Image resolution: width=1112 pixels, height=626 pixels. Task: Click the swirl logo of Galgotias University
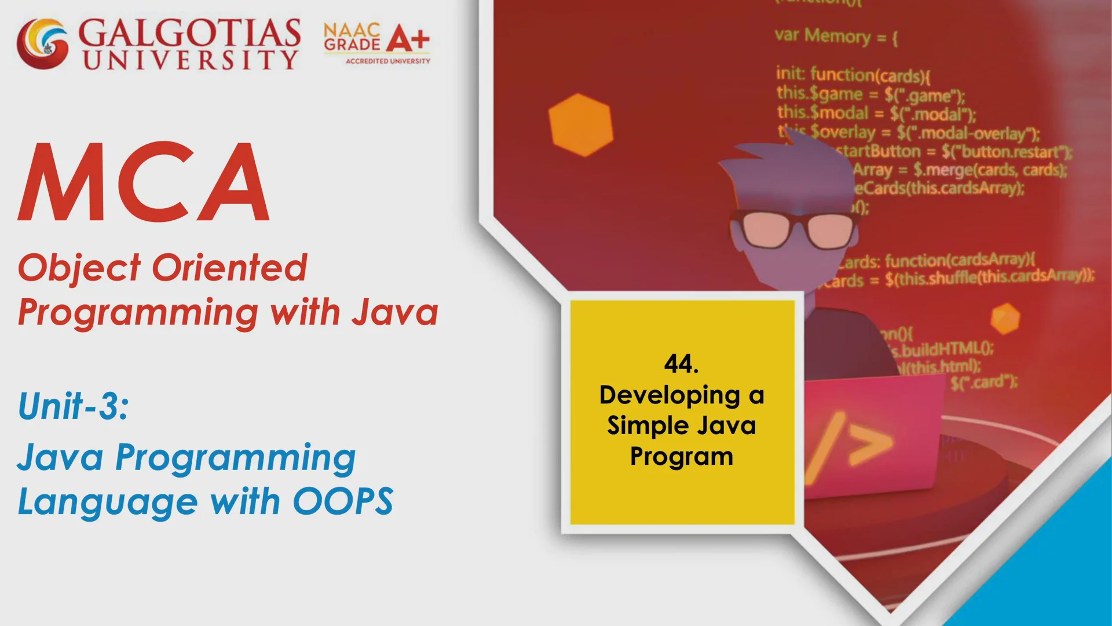click(x=42, y=43)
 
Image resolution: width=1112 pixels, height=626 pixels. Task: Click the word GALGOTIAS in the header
click(x=189, y=34)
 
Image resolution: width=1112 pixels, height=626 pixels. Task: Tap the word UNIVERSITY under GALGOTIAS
click(x=191, y=60)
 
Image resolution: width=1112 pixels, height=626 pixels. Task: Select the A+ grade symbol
click(x=408, y=39)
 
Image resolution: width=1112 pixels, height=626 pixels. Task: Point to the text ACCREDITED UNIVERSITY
click(x=387, y=61)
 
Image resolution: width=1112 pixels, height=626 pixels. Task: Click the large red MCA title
click(x=144, y=183)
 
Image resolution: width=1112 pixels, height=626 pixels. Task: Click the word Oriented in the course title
click(x=229, y=268)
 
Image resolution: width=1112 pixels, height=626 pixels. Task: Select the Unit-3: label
click(x=73, y=406)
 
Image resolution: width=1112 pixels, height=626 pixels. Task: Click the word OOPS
click(x=343, y=501)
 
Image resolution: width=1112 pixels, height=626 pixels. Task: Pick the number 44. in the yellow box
click(x=681, y=364)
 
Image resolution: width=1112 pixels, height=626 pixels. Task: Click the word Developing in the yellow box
click(x=670, y=395)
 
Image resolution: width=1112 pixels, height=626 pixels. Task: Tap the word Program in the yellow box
click(x=682, y=457)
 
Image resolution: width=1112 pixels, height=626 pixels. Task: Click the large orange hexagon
click(x=580, y=125)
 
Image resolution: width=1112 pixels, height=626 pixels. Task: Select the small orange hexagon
click(x=1005, y=318)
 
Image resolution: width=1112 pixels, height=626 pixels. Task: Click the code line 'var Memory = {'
click(x=836, y=37)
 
